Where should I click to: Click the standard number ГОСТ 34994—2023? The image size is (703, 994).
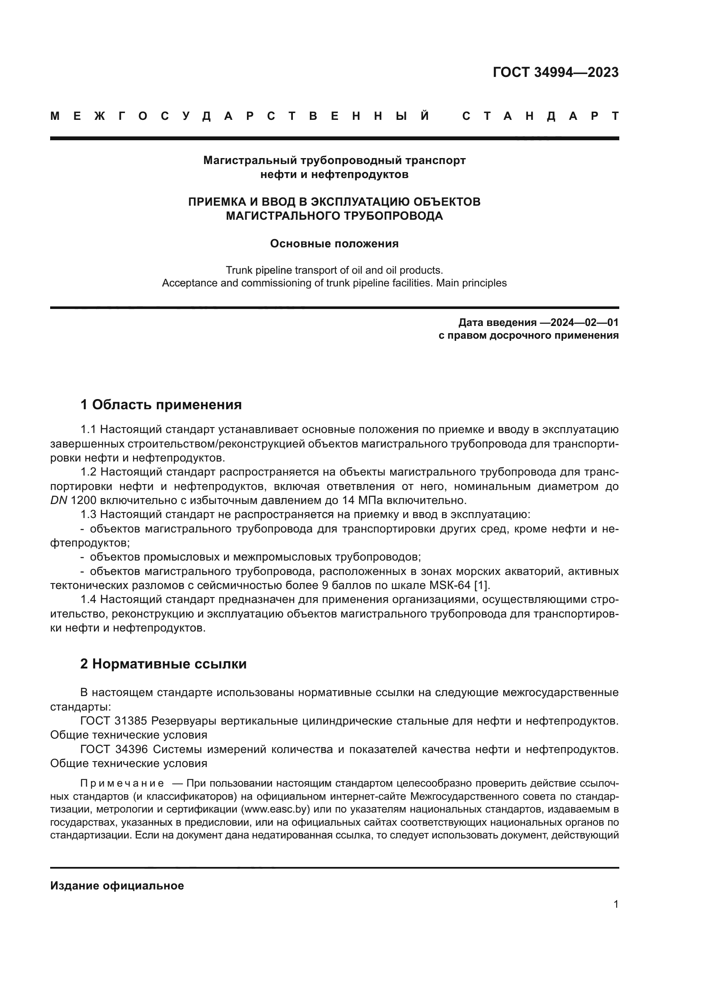(x=556, y=72)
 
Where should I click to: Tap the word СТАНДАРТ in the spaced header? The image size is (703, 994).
(x=541, y=116)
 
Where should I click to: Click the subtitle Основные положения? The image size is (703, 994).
(x=334, y=244)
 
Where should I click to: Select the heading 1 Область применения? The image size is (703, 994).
(x=161, y=405)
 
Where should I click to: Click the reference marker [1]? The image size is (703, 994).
(x=482, y=585)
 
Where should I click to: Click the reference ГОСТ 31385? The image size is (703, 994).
(x=114, y=721)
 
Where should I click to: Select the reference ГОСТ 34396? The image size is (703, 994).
(x=114, y=749)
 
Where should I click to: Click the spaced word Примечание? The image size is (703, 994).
(x=122, y=783)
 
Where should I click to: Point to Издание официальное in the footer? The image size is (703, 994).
(x=117, y=886)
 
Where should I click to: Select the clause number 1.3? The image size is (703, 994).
(x=88, y=514)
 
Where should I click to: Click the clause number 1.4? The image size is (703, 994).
(x=88, y=600)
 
